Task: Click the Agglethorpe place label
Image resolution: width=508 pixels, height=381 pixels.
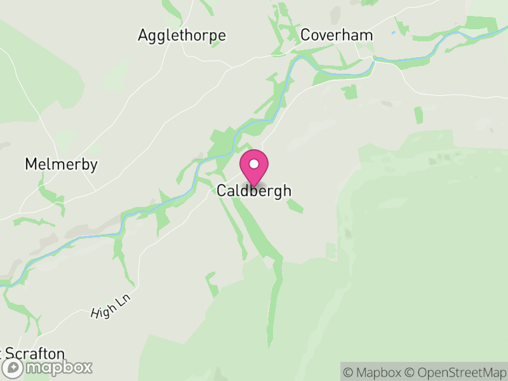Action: click(182, 36)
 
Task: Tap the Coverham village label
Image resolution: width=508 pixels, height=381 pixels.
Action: click(337, 35)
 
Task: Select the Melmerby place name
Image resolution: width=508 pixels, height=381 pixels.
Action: click(61, 165)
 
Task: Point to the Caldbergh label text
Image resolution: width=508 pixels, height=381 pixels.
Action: click(254, 190)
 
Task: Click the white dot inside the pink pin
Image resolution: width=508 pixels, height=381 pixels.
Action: click(254, 164)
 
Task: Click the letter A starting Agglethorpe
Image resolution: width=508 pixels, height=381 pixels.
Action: click(143, 36)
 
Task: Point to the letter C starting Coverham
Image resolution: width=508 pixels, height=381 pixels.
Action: click(306, 35)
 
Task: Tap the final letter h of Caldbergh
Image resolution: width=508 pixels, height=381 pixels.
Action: click(287, 190)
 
